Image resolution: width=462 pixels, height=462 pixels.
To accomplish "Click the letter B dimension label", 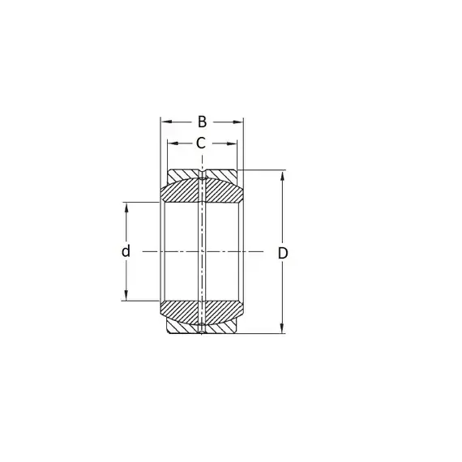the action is tap(202, 122).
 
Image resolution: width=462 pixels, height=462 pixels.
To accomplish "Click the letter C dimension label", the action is tap(201, 143).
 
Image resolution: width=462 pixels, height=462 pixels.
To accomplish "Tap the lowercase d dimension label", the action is tap(126, 251).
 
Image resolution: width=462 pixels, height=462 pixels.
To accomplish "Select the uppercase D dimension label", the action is tap(283, 253).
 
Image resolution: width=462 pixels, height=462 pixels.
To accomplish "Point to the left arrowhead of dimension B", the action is tap(166, 122).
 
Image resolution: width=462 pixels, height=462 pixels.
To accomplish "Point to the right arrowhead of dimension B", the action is tap(238, 122).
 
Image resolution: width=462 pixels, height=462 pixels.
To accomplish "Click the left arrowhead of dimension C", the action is tap(173, 143).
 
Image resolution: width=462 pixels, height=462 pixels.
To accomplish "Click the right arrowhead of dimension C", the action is tap(231, 143).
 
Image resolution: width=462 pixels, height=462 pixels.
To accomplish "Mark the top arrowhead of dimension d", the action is tap(126, 207).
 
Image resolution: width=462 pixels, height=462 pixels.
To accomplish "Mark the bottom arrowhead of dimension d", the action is tap(126, 296).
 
